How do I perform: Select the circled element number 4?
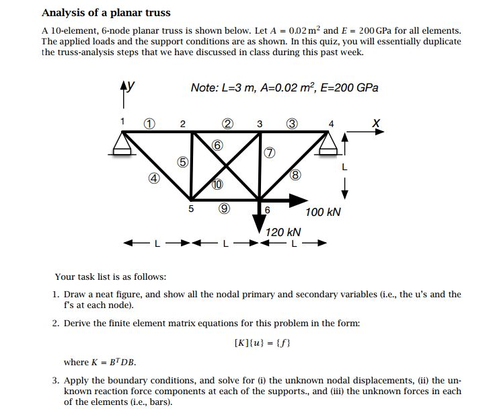coord(153,178)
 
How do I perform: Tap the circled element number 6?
coord(217,145)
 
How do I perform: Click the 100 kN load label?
coord(323,213)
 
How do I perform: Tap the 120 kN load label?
coord(283,232)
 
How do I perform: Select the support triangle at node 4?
coord(328,143)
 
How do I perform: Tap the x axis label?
coord(376,122)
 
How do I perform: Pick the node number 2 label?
coord(182,123)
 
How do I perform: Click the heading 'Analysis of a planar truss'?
coord(106,13)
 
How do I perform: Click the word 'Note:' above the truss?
coord(205,88)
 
